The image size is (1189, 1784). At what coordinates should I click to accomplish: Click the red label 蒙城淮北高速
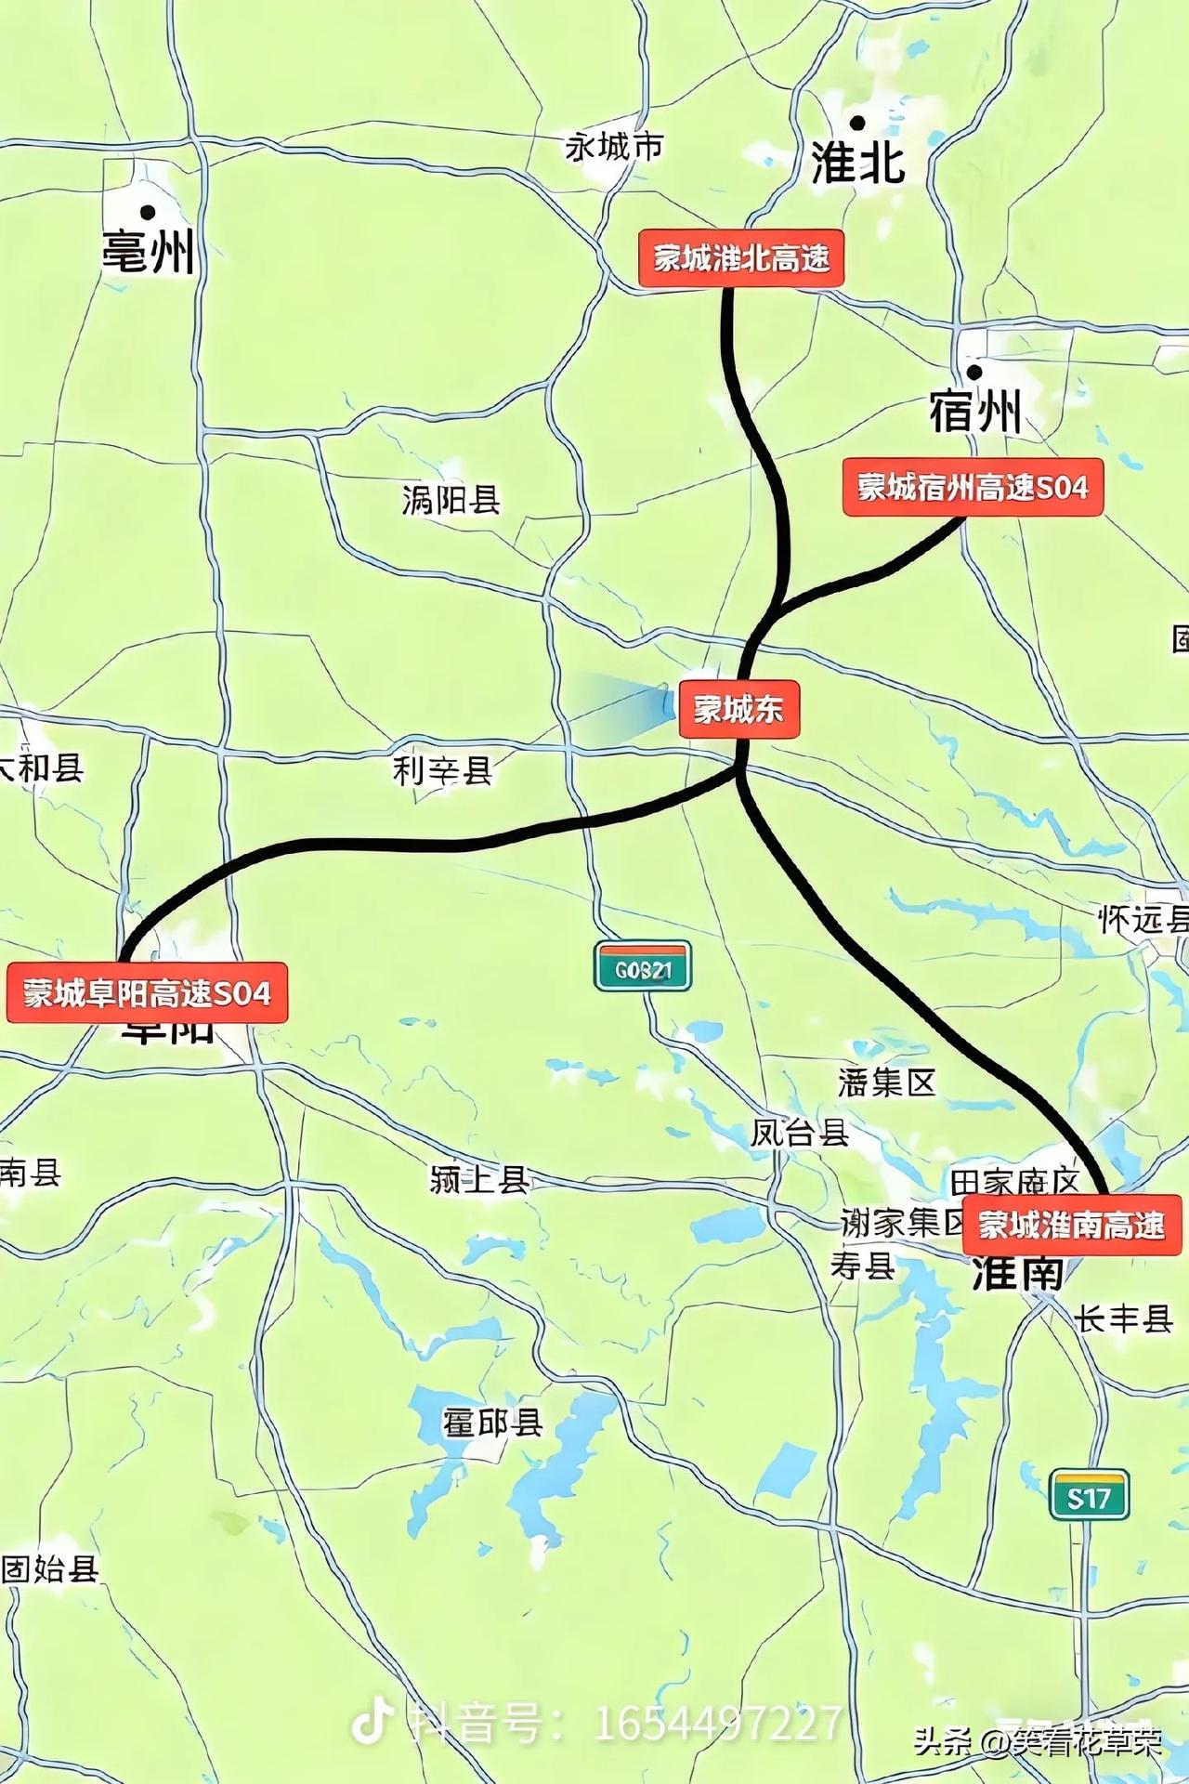click(x=741, y=258)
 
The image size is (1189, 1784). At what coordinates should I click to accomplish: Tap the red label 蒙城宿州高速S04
click(x=973, y=487)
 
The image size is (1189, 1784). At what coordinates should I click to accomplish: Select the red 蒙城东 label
click(x=739, y=710)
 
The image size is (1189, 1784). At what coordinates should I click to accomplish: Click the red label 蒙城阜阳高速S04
click(x=147, y=993)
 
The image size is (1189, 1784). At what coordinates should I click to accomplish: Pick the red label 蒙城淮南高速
click(x=1072, y=1225)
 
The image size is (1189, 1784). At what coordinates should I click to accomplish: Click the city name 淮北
click(x=858, y=162)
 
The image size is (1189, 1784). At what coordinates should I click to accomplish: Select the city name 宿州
click(x=975, y=411)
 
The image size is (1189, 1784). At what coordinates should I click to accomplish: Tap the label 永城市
click(x=614, y=146)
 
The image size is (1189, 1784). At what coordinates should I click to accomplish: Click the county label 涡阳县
click(x=451, y=500)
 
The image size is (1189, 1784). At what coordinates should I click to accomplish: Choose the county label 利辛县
click(x=442, y=770)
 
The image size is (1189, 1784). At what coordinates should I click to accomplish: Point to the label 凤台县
click(x=800, y=1133)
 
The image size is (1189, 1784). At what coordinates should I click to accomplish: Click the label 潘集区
click(x=886, y=1082)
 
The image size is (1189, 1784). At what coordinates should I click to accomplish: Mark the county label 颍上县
click(x=479, y=1179)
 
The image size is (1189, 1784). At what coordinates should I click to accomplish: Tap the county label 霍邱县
click(x=492, y=1423)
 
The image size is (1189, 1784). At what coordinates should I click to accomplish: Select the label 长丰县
click(x=1123, y=1318)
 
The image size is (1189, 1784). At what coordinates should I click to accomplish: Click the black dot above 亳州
click(x=147, y=213)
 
